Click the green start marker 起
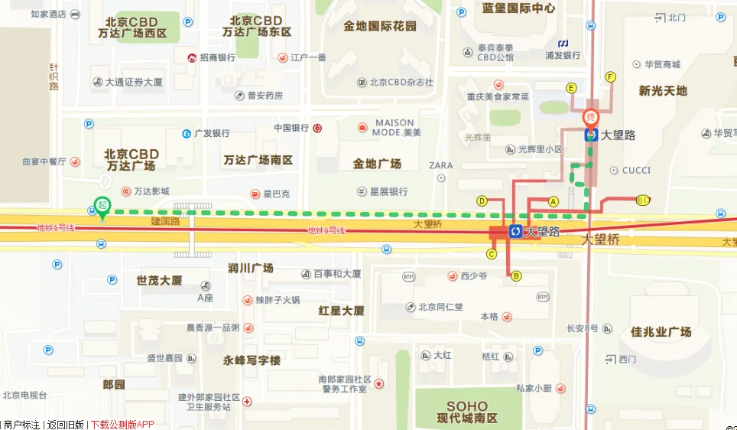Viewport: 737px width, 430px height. coord(101,204)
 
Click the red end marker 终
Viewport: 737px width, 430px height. coord(590,118)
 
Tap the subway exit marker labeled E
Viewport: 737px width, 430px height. coord(570,88)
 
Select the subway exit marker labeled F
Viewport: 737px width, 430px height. coord(610,77)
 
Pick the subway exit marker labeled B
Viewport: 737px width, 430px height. coord(516,276)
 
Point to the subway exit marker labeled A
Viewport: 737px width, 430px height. coord(554,201)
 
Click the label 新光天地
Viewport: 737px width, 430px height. coord(663,90)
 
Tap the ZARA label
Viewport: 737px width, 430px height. coord(441,165)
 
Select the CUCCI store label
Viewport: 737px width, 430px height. coord(636,170)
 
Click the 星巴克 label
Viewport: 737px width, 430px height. coord(277,194)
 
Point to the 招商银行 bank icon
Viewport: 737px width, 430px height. coord(192,57)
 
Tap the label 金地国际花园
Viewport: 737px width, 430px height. coord(380,26)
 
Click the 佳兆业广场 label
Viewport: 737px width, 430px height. coord(661,331)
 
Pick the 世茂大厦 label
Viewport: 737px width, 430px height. coord(159,280)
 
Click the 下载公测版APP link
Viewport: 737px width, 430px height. coord(122,424)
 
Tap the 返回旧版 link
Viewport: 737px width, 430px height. coord(65,424)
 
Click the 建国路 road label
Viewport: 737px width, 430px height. coord(164,221)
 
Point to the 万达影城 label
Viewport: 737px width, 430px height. coord(151,191)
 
